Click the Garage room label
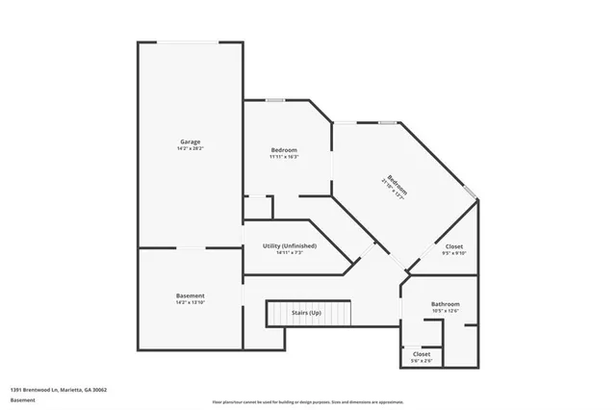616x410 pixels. tap(189, 142)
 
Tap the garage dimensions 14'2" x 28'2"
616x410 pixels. tap(189, 149)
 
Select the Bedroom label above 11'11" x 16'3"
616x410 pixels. tap(284, 150)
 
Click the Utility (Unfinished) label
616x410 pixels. tap(290, 246)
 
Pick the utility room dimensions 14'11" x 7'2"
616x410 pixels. tap(290, 253)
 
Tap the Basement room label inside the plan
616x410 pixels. tap(190, 295)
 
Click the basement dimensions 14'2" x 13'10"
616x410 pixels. tap(190, 302)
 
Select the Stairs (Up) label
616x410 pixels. tap(308, 314)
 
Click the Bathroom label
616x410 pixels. tap(446, 304)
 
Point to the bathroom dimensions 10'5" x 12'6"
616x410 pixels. tap(446, 311)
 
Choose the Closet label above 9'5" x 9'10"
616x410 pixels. tap(454, 247)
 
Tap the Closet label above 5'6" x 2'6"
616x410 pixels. tap(422, 353)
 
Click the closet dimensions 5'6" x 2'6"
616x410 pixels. tap(422, 360)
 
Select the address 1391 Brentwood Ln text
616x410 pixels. tap(58, 390)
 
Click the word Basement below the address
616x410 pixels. tap(23, 399)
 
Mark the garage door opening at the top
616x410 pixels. tap(189, 41)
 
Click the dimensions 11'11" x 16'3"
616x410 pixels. tap(284, 157)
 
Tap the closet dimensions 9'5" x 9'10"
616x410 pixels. tap(454, 254)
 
